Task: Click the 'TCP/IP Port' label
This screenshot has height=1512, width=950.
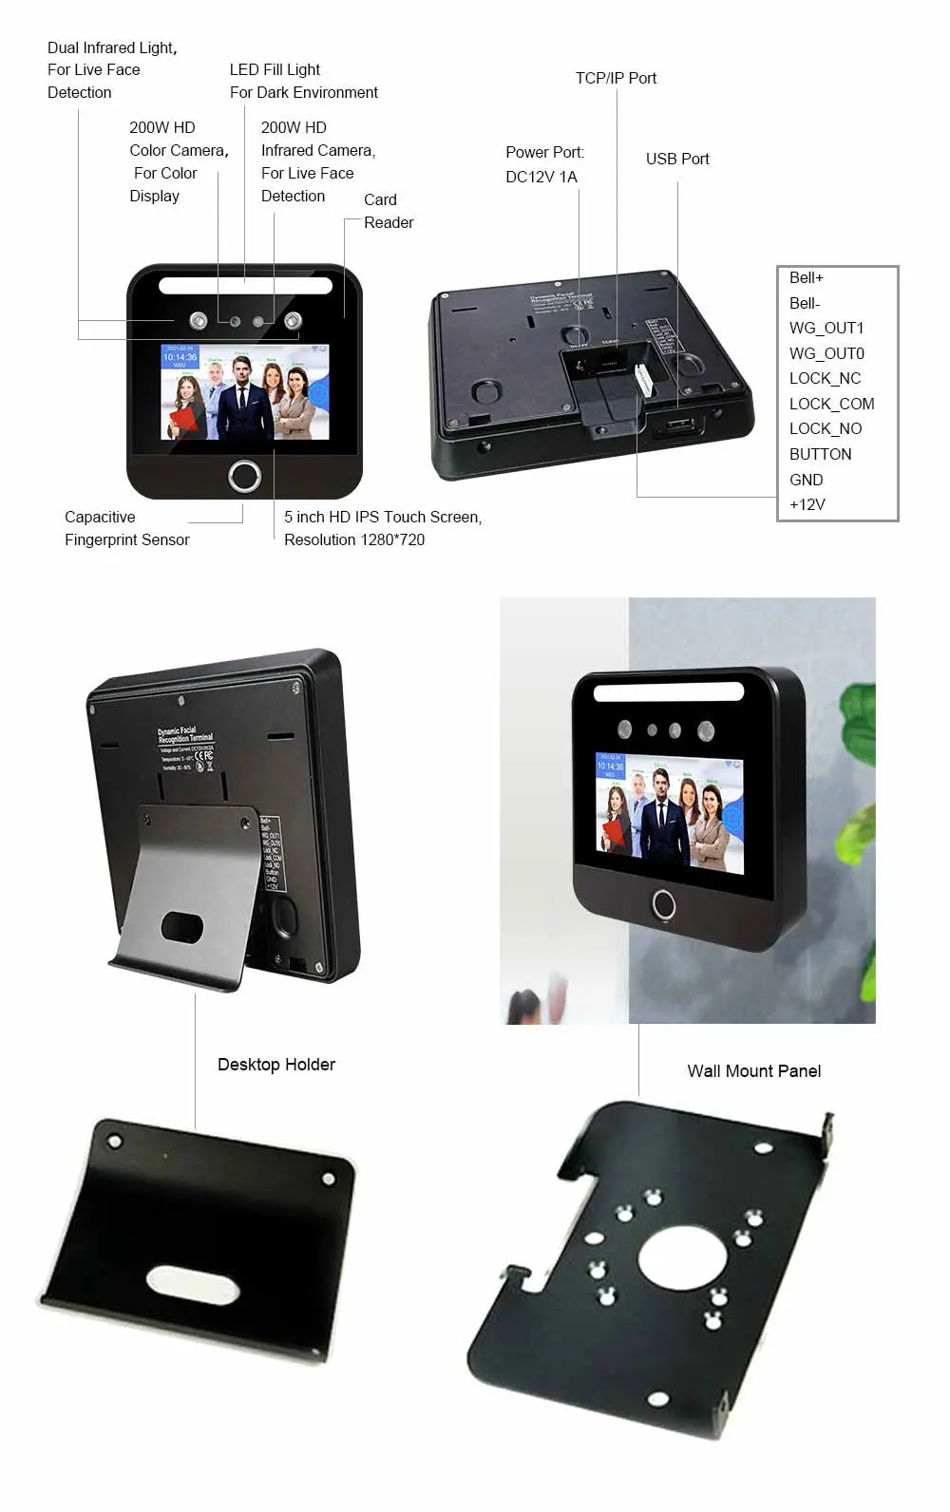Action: tap(616, 78)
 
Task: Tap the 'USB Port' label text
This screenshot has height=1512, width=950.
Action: tap(677, 159)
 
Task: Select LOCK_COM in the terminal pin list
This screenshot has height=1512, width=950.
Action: tap(831, 404)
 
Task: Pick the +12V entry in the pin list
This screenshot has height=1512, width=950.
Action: tap(807, 504)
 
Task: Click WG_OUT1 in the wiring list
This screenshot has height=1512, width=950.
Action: tap(826, 328)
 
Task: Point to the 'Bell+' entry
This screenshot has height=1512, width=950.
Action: tap(806, 277)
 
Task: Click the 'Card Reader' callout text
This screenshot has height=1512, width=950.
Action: tap(388, 211)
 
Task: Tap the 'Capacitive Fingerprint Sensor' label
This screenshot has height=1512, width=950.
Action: tap(126, 528)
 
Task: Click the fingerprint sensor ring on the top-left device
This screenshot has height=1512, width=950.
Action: tap(245, 476)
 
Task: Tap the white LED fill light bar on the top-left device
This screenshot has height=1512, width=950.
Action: tap(245, 285)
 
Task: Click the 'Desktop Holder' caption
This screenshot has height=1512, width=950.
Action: tap(275, 1065)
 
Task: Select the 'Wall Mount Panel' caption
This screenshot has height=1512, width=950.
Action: tap(753, 1071)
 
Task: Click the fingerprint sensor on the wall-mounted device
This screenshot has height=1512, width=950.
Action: tap(663, 904)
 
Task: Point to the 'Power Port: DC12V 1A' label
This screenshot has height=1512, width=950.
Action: tap(544, 164)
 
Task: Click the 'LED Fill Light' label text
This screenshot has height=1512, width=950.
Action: tap(275, 69)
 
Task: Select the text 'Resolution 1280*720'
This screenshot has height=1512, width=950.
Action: tap(353, 539)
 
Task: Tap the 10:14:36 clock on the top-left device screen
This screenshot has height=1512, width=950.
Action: tap(180, 358)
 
